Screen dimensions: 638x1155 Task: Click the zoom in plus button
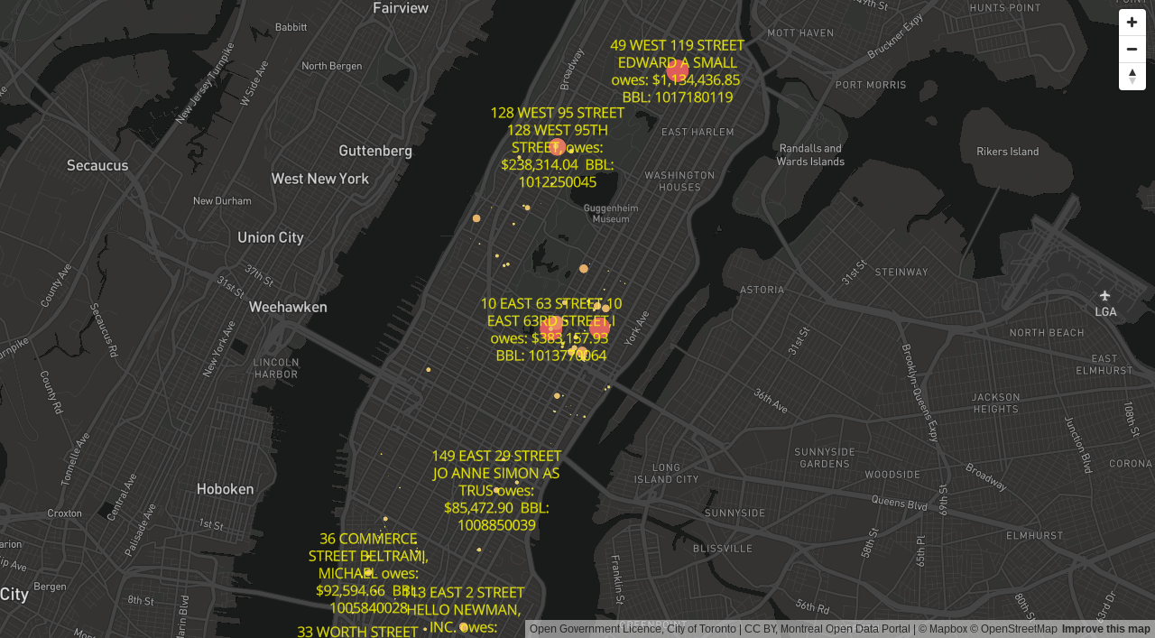tap(1132, 23)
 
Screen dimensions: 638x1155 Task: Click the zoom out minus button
tap(1132, 49)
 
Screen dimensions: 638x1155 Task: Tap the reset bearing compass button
tap(1132, 76)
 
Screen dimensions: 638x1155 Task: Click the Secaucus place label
tap(97, 165)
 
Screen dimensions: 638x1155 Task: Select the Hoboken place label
tap(225, 489)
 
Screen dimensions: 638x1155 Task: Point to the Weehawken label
tap(288, 307)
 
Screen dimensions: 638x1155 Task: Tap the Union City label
tap(270, 237)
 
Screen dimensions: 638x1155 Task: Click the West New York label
tap(319, 179)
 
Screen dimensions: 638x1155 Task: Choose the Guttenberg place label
tap(375, 151)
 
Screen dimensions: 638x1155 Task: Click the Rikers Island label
tap(1008, 151)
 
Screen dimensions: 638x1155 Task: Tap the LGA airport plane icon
tap(1104, 295)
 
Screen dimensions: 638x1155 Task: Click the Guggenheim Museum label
tap(611, 213)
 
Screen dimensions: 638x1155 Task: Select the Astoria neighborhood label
tap(762, 290)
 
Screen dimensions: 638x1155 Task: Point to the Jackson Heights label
tap(995, 402)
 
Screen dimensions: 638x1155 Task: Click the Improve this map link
tap(1105, 629)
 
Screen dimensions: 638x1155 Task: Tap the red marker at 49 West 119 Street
tap(677, 69)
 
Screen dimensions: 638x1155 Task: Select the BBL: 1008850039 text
tap(496, 524)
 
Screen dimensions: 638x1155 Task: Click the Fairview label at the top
tap(401, 8)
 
